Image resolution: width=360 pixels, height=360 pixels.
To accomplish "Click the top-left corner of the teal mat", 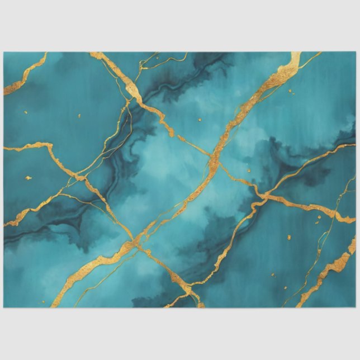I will (4, 53).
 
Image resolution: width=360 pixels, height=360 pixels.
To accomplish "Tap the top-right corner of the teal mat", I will (356, 53).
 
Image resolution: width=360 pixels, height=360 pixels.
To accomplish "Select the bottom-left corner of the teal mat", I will (4, 307).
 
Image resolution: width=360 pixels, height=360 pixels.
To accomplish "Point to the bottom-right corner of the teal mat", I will (356, 307).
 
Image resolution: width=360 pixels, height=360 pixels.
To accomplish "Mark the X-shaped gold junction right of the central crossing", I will (263, 196).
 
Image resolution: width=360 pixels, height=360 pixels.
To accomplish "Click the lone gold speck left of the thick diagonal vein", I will (200, 119).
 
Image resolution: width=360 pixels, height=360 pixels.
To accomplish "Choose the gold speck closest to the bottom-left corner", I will (29, 178).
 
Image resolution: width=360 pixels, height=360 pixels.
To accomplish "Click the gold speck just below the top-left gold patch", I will (78, 116).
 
